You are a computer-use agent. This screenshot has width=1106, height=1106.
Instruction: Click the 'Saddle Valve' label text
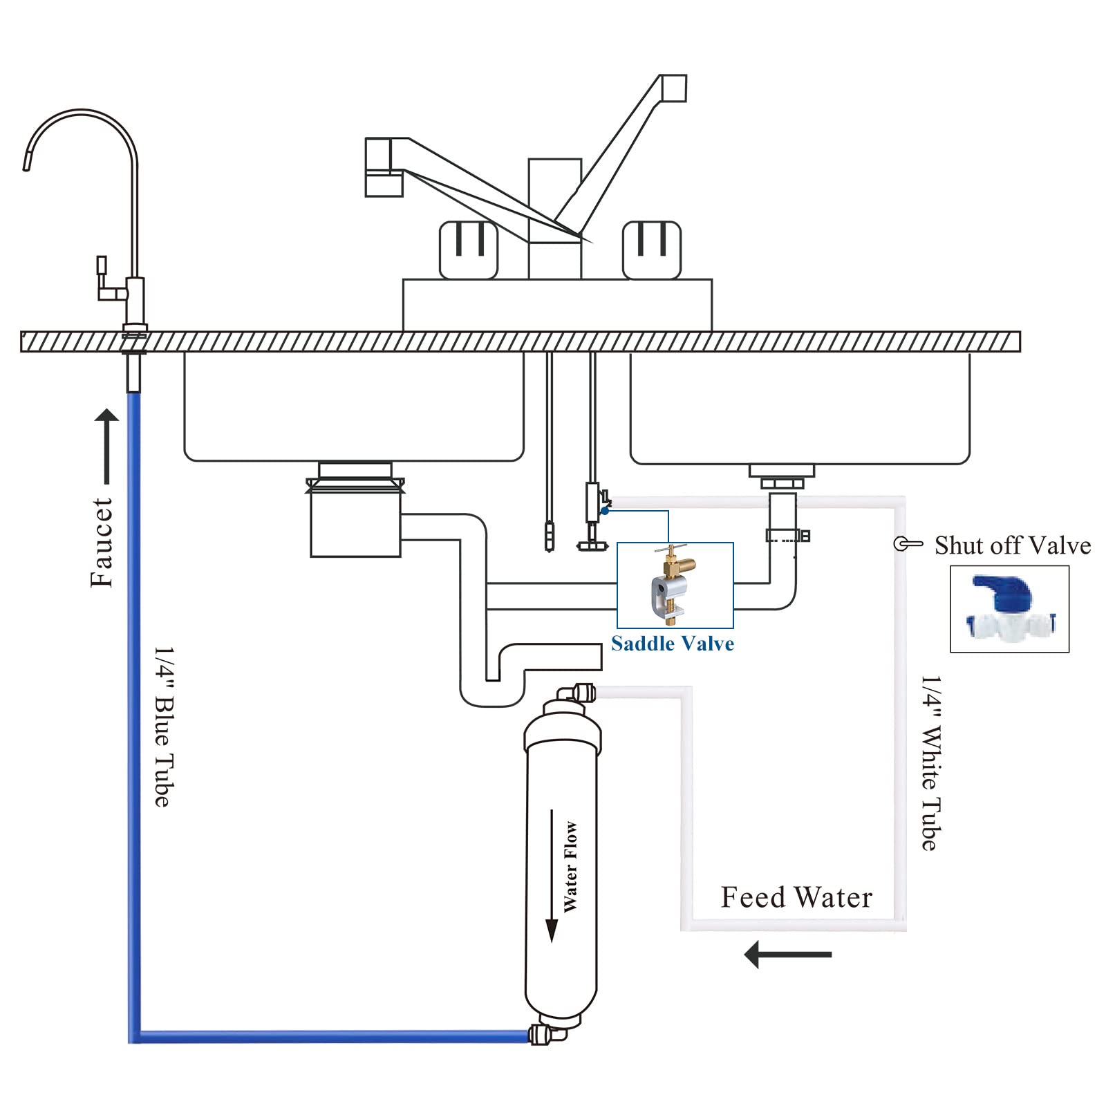tap(672, 644)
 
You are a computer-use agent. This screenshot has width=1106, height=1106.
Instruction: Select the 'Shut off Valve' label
tap(1012, 545)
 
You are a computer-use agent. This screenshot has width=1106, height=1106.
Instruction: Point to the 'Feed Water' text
tap(796, 897)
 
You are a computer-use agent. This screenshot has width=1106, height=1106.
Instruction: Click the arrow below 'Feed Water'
tap(787, 955)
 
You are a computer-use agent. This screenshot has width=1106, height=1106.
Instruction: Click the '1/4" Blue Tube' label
tap(163, 727)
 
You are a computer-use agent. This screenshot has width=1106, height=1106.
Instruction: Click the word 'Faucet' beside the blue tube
tap(102, 543)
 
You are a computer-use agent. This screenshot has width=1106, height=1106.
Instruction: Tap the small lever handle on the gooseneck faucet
tap(102, 267)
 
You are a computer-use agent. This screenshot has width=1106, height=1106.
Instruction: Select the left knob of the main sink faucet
tap(469, 250)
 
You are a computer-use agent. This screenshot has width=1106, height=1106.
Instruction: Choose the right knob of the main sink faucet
tap(652, 250)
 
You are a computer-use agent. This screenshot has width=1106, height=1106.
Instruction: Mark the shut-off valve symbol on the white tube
tap(906, 544)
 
